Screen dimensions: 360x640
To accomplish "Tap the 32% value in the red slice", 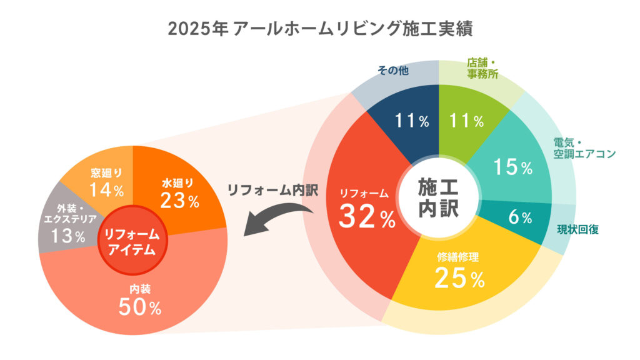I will point(367,217).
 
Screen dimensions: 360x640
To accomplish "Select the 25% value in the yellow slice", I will point(460,279).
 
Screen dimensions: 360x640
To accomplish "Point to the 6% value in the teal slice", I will point(520,217).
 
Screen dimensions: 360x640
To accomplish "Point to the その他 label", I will point(392,71).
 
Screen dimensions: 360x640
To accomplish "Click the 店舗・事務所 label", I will point(482,69).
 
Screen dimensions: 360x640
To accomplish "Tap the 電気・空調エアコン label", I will point(584,147).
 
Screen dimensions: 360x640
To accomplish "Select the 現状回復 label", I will point(578,229).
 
